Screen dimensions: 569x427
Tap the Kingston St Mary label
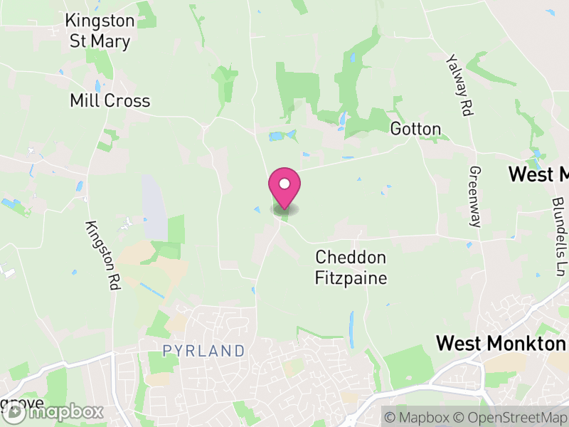[99, 31]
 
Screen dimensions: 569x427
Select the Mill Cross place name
[110, 101]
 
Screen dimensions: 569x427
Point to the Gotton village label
[415, 130]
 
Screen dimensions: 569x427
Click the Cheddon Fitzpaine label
[351, 267]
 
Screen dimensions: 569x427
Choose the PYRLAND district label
[203, 351]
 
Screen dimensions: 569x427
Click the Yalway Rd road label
[459, 85]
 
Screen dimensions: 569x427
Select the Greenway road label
[475, 196]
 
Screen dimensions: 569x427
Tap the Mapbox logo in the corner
[53, 412]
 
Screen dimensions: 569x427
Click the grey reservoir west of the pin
[154, 207]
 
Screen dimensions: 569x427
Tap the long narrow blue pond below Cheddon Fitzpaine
[351, 329]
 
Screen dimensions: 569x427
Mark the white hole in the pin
[284, 184]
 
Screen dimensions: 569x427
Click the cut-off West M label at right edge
[538, 174]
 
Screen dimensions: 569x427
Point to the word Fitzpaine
[351, 277]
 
